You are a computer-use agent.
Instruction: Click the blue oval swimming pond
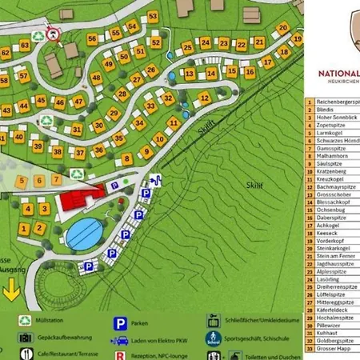[x=84, y=234]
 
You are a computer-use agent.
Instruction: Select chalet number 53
[x=152, y=17]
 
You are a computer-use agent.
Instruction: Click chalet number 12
[x=204, y=98]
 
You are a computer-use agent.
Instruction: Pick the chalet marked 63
[x=25, y=46]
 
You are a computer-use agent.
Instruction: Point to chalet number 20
[x=282, y=28]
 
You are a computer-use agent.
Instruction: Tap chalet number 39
[x=38, y=146]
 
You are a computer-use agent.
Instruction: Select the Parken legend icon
[x=119, y=324]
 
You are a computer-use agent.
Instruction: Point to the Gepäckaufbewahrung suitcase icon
[x=26, y=338]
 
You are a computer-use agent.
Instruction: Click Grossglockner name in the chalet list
[x=333, y=194]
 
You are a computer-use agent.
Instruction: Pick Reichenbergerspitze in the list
[x=336, y=103]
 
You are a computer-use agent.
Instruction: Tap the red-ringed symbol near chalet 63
[x=54, y=33]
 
